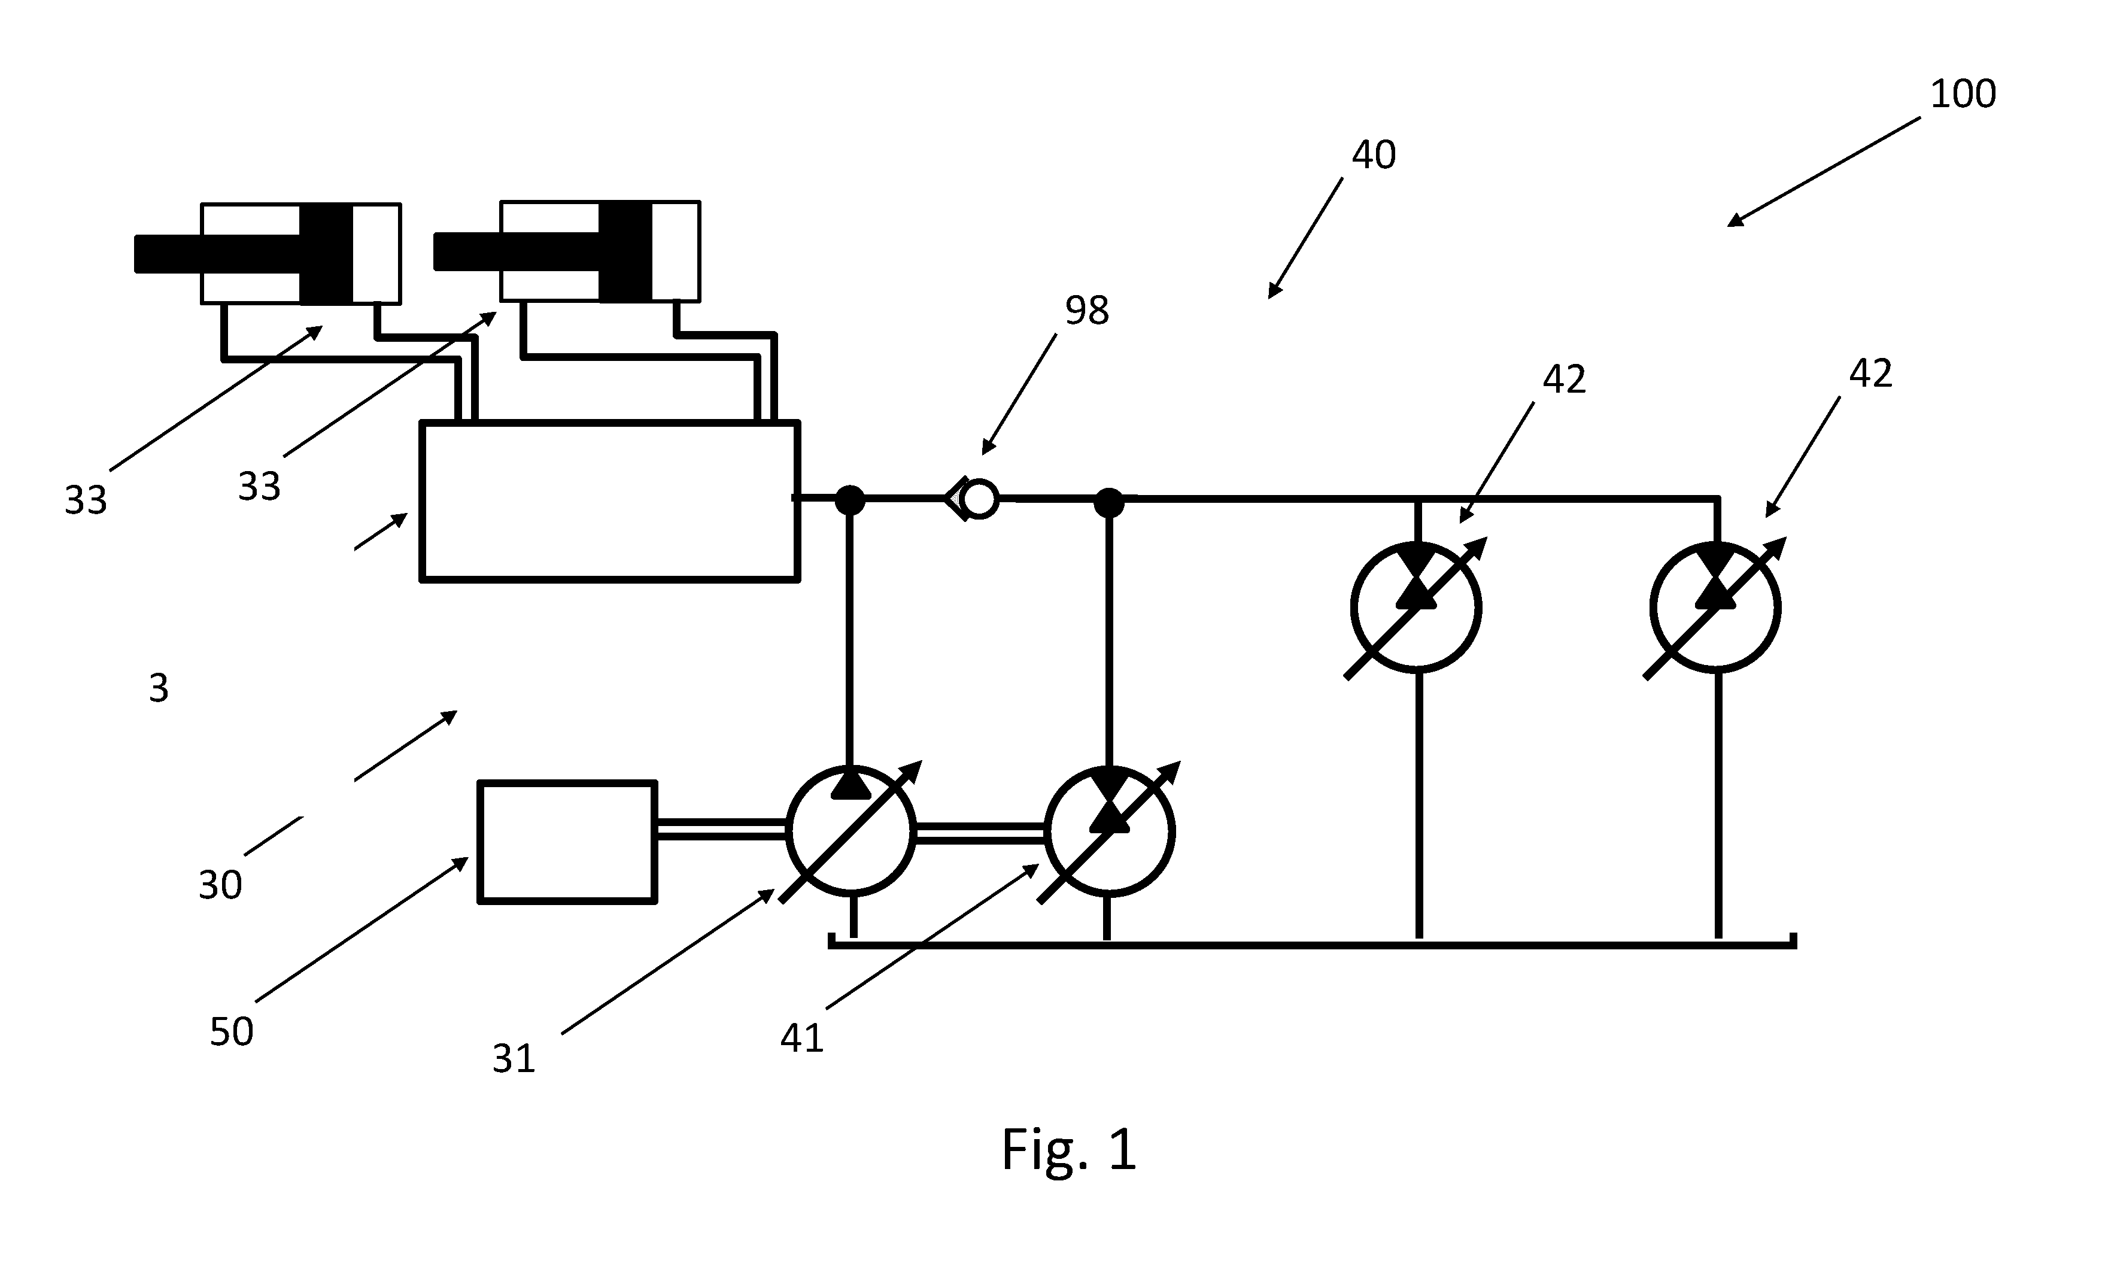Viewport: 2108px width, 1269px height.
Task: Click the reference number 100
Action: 1963,93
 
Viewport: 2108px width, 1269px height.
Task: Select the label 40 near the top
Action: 1374,155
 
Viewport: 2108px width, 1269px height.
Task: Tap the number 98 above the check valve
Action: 1086,311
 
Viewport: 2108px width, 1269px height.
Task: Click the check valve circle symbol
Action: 978,499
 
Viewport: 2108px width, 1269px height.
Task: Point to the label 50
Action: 232,1032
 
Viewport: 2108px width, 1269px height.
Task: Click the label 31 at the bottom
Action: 514,1059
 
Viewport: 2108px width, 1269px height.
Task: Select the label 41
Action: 802,1038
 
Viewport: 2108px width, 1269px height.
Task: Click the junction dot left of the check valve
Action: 850,500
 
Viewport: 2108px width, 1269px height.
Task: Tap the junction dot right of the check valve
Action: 1110,502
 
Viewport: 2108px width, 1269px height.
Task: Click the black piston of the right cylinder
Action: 625,251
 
